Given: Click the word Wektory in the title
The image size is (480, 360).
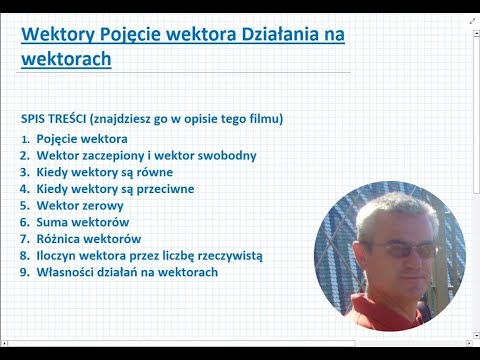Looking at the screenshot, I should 57,36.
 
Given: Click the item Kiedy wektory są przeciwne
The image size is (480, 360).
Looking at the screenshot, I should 115,188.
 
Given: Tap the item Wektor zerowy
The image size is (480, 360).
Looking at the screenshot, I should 79,205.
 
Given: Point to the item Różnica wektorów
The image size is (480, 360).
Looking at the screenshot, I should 89,238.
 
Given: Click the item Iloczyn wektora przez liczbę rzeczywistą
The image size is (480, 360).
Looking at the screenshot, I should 150,255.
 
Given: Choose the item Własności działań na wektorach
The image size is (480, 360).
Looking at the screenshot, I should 127,272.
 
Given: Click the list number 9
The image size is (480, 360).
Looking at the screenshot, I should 23,272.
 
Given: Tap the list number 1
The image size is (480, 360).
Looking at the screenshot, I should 24,138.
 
